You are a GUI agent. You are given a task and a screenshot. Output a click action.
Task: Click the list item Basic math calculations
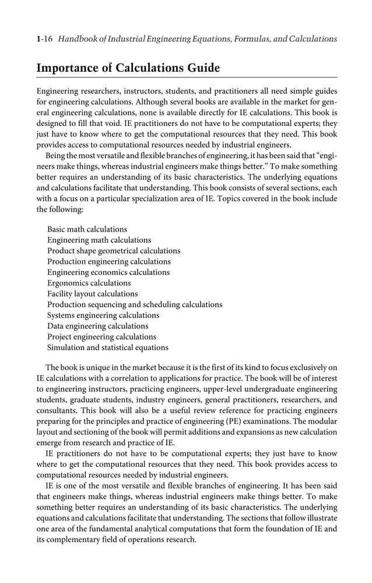[87, 229]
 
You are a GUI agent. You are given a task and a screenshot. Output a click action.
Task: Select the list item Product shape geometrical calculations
[114, 251]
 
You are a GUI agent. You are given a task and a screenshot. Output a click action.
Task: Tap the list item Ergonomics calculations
[89, 283]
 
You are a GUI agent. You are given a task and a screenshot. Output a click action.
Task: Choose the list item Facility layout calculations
[92, 294]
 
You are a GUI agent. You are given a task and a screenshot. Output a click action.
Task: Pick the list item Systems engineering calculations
[103, 315]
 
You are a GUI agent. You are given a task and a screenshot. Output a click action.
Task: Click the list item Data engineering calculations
[97, 326]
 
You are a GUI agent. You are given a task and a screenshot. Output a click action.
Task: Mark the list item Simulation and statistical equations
[107, 348]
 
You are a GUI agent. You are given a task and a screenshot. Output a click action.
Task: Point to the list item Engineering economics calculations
[108, 273]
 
